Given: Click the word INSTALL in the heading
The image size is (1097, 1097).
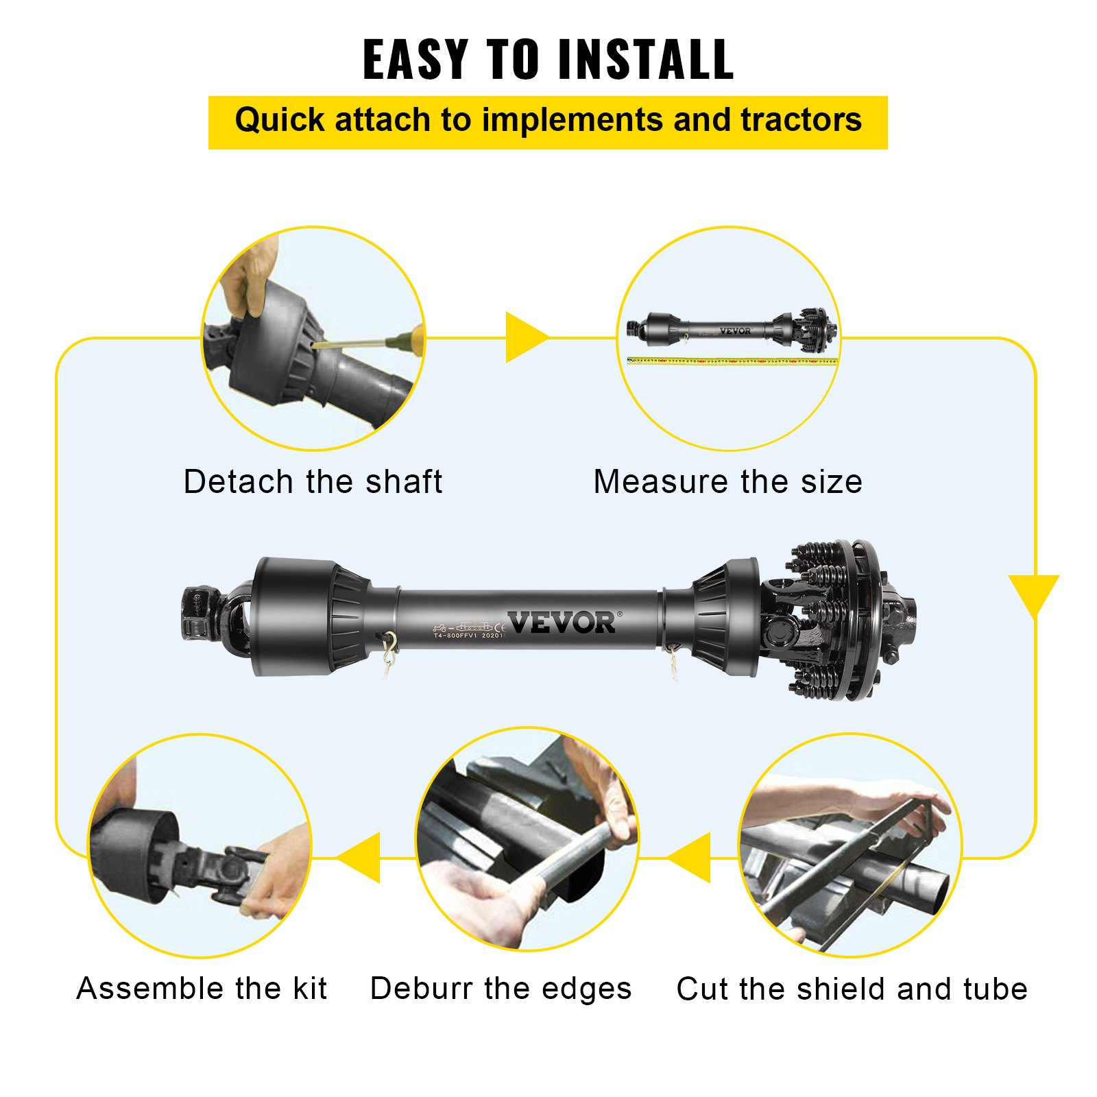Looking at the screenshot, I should [645, 60].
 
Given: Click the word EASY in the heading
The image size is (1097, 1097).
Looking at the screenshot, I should [415, 60].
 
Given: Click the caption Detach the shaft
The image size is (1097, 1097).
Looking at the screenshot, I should [313, 481].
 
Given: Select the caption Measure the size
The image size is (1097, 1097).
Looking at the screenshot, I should [727, 481].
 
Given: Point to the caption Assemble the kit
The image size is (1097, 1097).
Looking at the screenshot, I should [202, 989].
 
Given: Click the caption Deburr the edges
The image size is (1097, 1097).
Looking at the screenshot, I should [501, 989].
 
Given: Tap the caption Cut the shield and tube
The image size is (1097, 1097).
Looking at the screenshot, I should [852, 989].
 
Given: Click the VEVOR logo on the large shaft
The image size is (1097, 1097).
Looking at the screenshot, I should [562, 623].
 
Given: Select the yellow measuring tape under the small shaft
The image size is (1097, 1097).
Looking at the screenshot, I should [732, 361].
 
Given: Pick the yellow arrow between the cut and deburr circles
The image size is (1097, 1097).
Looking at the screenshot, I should [691, 858].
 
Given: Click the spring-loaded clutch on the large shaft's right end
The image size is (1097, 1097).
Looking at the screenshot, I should [836, 620].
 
